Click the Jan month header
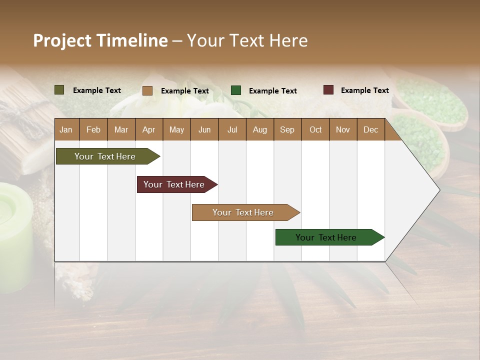[x=66, y=129]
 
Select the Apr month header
[x=149, y=129]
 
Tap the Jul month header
[x=232, y=129]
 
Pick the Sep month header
[x=287, y=129]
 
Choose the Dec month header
[x=370, y=129]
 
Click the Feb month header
[x=93, y=129]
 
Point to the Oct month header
[x=315, y=129]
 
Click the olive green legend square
[x=59, y=90]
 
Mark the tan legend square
[x=147, y=90]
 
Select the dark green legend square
[x=236, y=90]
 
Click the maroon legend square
[x=328, y=90]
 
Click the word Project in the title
[x=62, y=40]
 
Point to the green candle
[x=15, y=235]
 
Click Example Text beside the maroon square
[x=364, y=90]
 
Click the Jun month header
[x=204, y=129]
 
